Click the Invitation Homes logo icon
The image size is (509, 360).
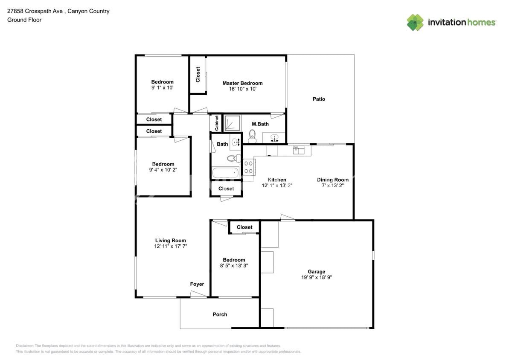[x=415, y=23]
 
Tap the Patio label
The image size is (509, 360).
[x=319, y=99]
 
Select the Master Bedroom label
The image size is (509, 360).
[x=242, y=83]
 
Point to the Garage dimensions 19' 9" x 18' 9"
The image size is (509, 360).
[x=317, y=277]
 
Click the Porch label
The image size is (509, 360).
[x=220, y=314]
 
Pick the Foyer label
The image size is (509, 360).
[x=197, y=284]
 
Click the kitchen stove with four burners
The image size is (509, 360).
[x=249, y=169]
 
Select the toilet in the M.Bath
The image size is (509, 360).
[x=252, y=136]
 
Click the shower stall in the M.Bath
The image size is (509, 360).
[x=233, y=123]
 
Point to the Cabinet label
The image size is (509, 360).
[x=216, y=123]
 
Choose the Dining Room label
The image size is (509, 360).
[x=333, y=180]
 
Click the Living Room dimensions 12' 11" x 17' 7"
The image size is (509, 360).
[x=170, y=246]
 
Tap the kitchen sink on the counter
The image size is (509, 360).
[x=299, y=150]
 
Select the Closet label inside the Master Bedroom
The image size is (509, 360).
[x=198, y=74]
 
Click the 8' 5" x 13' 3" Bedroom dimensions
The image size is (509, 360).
[x=234, y=266]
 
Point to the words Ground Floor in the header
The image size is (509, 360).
[x=24, y=20]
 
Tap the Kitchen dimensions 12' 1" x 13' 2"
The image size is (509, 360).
[x=277, y=186]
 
